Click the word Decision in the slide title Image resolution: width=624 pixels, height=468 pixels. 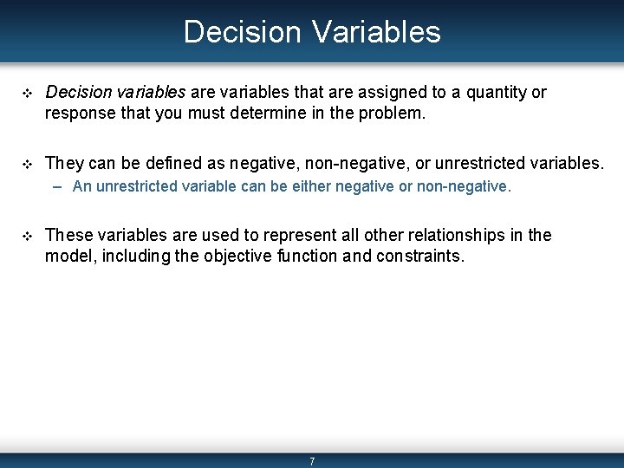pyautogui.click(x=243, y=31)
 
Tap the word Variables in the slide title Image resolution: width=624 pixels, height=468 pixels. pyautogui.click(x=377, y=31)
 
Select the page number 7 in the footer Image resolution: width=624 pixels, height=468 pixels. pyautogui.click(x=312, y=461)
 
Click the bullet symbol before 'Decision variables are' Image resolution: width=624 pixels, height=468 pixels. pyautogui.click(x=27, y=94)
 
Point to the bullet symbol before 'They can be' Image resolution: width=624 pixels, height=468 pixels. pyautogui.click(x=27, y=165)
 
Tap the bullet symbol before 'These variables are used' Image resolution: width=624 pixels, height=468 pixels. pyautogui.click(x=27, y=237)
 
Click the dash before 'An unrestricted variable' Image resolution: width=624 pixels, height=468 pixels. pyautogui.click(x=57, y=187)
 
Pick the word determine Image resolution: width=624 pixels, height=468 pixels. pyautogui.click(x=269, y=113)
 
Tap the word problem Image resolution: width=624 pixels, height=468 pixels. pyautogui.click(x=393, y=114)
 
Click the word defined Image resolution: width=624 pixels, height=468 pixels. pyautogui.click(x=173, y=163)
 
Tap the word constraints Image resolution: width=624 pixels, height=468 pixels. pyautogui.click(x=420, y=257)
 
